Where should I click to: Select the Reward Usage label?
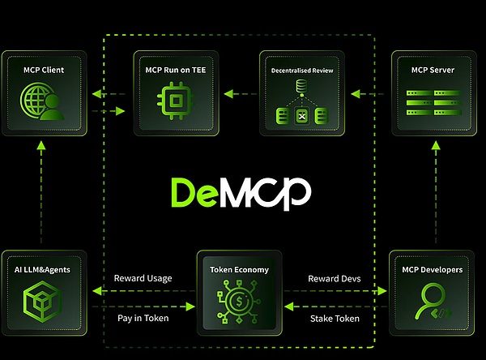point(143,278)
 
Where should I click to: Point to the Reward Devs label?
point(334,278)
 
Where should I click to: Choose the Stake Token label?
point(335,318)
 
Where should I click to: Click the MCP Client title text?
point(43,70)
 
